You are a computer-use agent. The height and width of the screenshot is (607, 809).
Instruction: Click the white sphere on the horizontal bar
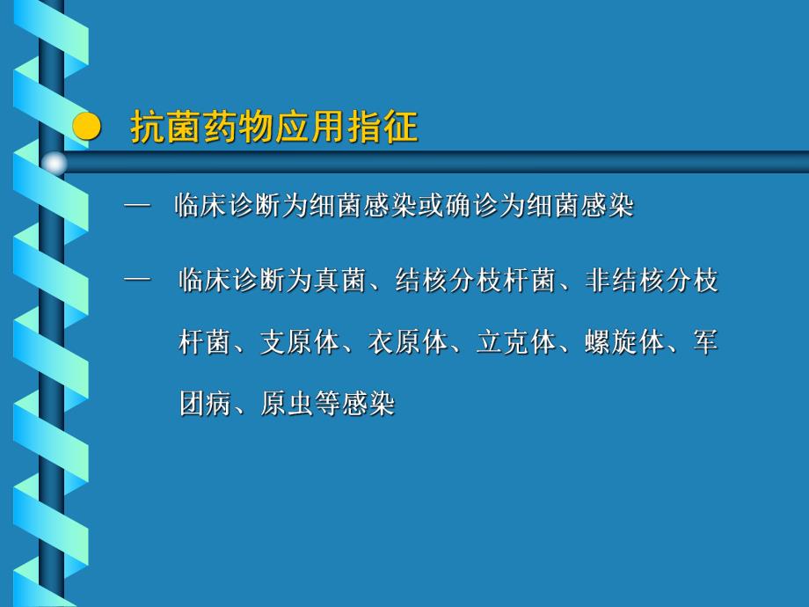pos(55,163)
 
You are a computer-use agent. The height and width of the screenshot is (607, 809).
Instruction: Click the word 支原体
pos(300,342)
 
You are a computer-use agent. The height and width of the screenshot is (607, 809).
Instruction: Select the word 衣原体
pos(408,342)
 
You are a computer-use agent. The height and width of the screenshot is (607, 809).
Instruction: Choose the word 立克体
pos(516,342)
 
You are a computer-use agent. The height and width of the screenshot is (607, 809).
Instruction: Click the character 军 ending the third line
pos(705,342)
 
